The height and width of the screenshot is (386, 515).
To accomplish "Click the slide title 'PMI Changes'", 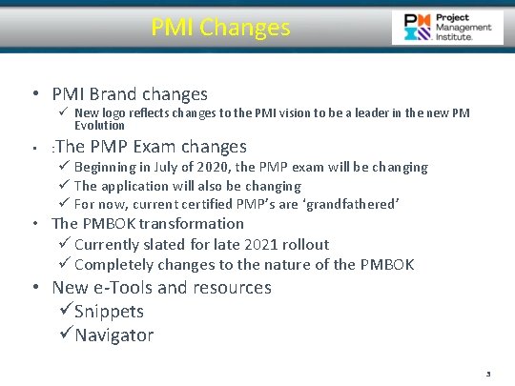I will tap(220, 28).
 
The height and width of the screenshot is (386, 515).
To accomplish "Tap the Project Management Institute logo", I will tap(447, 28).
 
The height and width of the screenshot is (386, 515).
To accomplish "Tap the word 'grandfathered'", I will tap(350, 204).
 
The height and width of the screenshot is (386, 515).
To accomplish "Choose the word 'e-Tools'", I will tap(121, 287).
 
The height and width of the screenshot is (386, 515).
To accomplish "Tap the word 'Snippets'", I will tap(109, 312).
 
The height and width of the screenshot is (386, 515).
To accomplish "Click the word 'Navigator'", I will tap(113, 335).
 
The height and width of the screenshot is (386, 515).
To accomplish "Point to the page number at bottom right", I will tap(488, 375).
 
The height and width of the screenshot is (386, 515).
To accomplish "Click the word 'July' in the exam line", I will tap(166, 167).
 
